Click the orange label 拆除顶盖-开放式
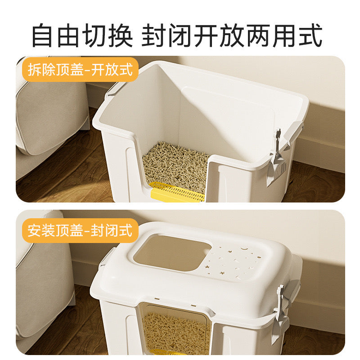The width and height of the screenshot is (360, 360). (80, 69)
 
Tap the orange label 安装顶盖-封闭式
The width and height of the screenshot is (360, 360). (80, 230)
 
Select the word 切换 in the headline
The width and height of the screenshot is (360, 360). (108, 36)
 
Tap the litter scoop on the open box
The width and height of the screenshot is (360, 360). (276, 158)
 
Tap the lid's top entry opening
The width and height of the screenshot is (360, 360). (172, 252)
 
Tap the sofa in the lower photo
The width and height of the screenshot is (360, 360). (44, 285)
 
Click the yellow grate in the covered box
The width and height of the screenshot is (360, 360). (166, 352)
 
